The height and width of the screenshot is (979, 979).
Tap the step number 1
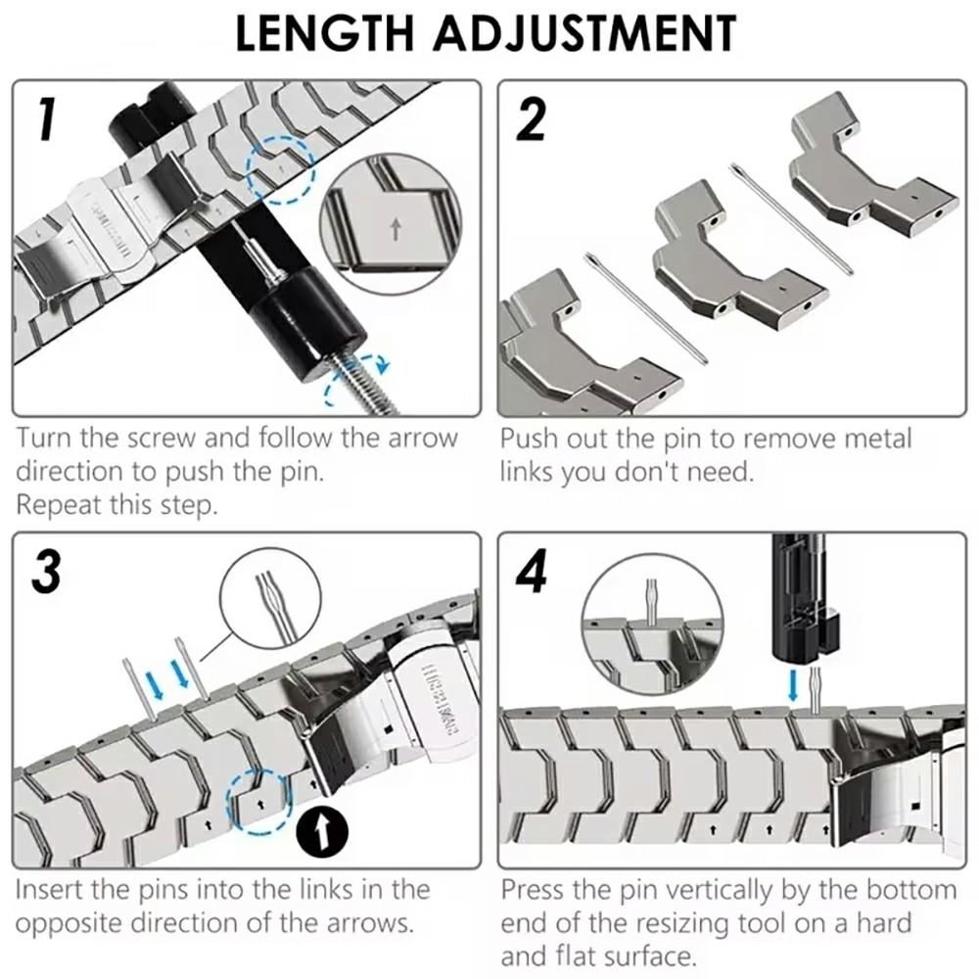pos(43,119)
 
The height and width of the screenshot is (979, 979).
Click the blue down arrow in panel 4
pos(793,681)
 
